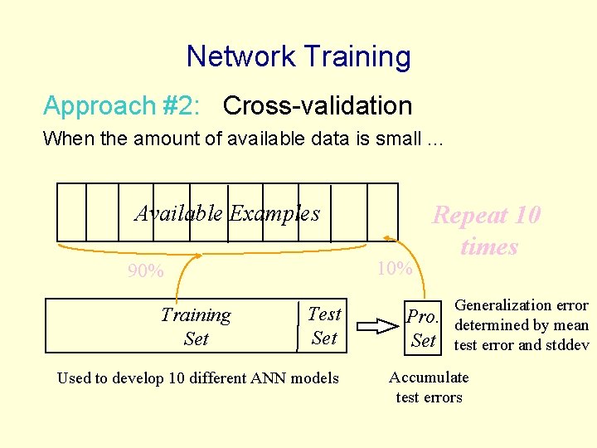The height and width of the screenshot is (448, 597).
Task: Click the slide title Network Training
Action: tap(298, 56)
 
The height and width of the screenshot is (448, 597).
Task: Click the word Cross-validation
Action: tap(318, 106)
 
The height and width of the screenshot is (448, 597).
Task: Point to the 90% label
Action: tap(145, 271)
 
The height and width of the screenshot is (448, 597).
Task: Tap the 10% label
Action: tap(394, 268)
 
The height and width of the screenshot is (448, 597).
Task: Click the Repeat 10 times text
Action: tap(487, 231)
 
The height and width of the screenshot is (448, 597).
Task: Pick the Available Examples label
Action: tap(227, 213)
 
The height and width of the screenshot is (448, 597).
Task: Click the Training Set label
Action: tap(196, 326)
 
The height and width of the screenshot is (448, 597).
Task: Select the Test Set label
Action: tap(324, 325)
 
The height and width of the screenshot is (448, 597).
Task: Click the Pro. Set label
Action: tap(423, 328)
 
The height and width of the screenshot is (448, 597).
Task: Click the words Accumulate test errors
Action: tap(429, 387)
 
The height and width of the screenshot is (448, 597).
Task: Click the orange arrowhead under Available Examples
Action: tap(197, 258)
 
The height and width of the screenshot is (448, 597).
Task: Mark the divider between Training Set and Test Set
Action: tap(298, 326)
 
